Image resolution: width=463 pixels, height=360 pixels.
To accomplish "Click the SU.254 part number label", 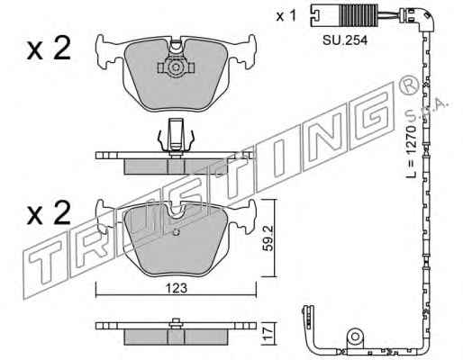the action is (x=345, y=40).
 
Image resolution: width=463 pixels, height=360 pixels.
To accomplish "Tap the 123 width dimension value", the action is (x=177, y=288).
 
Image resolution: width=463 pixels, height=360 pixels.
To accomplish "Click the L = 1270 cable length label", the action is (x=412, y=152).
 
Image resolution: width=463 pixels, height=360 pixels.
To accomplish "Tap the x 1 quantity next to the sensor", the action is (x=286, y=15).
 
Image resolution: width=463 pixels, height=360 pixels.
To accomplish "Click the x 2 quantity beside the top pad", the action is (x=49, y=48).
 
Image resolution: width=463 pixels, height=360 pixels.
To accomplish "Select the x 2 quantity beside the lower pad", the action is (x=49, y=212).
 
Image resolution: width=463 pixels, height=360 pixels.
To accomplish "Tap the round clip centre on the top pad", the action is (x=175, y=67).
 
